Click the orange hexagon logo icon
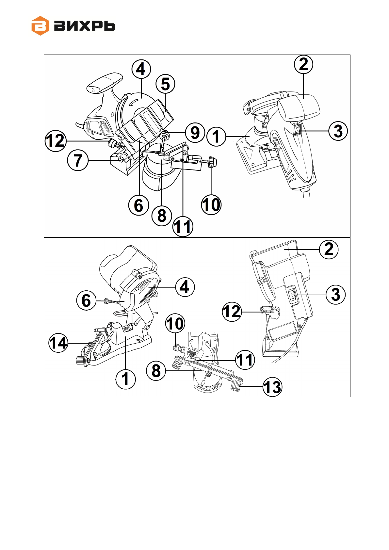tap(40, 25)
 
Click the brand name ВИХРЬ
tap(84, 26)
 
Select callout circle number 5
tap(165, 84)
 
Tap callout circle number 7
tap(78, 160)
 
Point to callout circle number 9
tap(195, 133)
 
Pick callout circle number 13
tap(272, 387)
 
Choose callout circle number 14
tap(58, 343)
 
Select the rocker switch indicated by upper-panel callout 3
tap(297, 130)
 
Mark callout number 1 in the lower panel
tap(125, 379)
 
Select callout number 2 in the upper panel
tap(303, 64)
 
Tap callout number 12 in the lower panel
tap(232, 312)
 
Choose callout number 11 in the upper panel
tap(183, 226)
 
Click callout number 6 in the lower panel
tap(86, 300)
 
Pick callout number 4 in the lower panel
tap(185, 287)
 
